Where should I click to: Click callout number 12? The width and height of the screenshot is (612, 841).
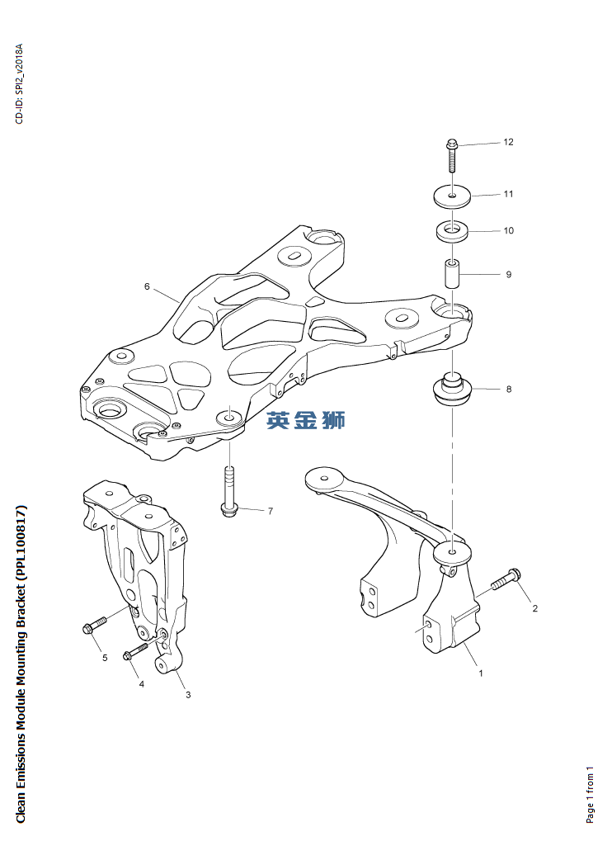(x=508, y=142)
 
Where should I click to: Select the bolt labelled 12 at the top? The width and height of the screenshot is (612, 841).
(x=452, y=155)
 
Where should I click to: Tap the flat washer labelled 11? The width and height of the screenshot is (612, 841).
(x=452, y=196)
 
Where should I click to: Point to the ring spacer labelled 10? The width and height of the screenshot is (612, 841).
(x=452, y=232)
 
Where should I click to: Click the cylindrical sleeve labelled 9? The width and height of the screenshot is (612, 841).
(x=453, y=273)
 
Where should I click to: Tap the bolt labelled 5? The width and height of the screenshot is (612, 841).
(x=95, y=625)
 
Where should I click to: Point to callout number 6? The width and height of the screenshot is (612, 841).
(x=147, y=287)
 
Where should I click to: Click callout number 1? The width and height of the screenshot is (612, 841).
(x=481, y=673)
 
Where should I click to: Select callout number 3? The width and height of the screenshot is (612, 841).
(x=188, y=695)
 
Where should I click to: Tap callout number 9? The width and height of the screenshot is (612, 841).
(x=509, y=275)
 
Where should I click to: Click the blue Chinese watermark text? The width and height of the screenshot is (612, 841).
(x=306, y=421)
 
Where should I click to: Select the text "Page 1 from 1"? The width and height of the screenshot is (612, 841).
(x=590, y=794)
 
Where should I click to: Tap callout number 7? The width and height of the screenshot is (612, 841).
(x=270, y=511)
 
